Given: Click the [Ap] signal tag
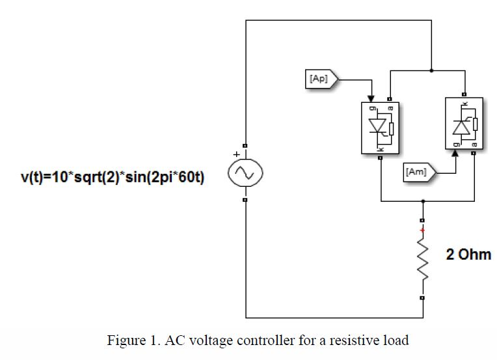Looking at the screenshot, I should click(x=320, y=79).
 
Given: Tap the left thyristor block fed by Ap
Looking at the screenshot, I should click(x=381, y=128).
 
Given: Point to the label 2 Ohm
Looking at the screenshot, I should click(x=468, y=255).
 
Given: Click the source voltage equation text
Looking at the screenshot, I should click(x=111, y=176).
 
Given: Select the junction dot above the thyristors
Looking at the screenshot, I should click(x=431, y=70).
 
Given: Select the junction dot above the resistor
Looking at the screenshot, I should click(x=423, y=201).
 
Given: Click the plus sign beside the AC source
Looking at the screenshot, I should click(x=236, y=155).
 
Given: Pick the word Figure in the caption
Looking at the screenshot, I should click(x=124, y=340).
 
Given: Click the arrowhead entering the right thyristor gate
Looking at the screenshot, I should click(x=455, y=154).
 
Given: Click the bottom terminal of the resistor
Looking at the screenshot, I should click(x=422, y=298).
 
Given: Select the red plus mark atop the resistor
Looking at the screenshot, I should click(x=422, y=230).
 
